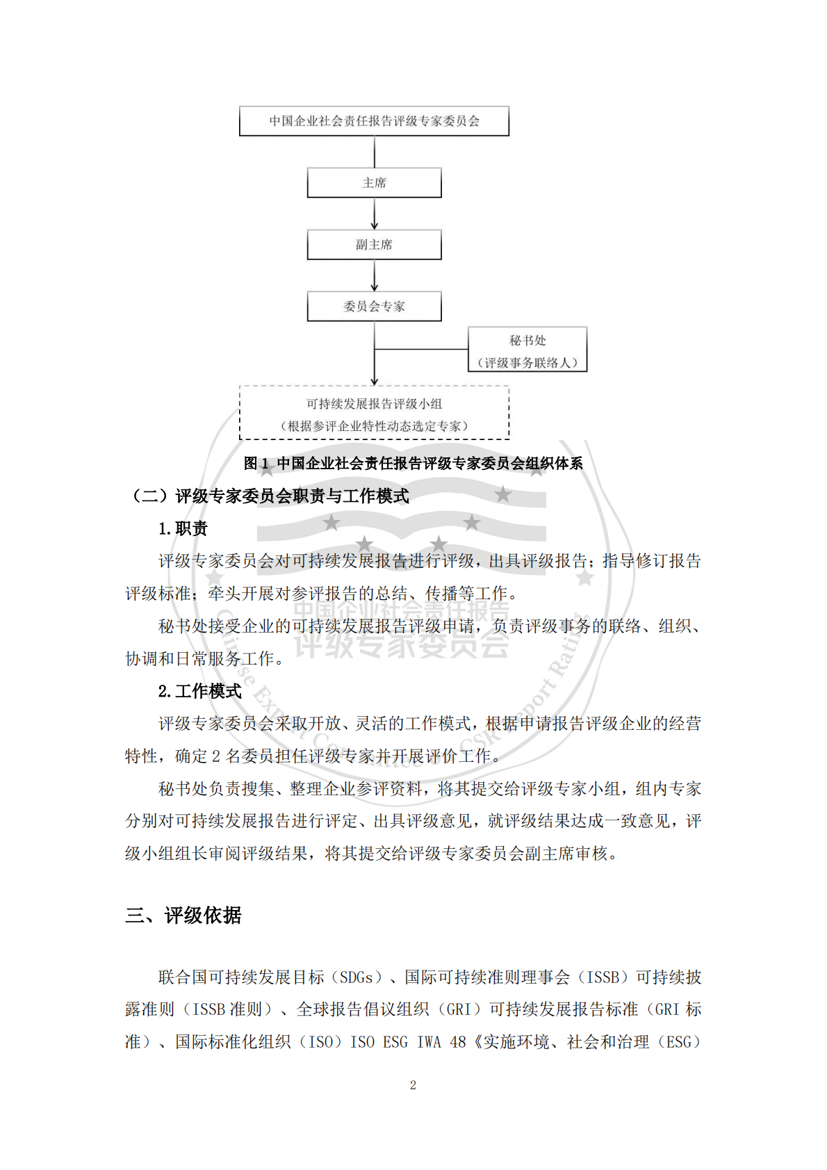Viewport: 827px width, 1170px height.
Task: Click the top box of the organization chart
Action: [x=374, y=121]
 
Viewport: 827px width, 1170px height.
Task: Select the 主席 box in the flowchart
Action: [x=374, y=183]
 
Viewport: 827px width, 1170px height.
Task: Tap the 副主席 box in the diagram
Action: [x=374, y=245]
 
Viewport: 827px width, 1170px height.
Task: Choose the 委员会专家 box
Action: [x=374, y=307]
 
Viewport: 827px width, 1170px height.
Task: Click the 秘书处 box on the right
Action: [x=527, y=349]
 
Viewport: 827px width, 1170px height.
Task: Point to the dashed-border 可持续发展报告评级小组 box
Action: [x=374, y=414]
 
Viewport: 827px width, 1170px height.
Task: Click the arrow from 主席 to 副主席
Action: [x=375, y=213]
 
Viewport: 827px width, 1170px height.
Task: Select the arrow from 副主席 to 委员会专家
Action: [x=375, y=275]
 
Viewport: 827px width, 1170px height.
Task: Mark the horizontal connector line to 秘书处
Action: [x=421, y=349]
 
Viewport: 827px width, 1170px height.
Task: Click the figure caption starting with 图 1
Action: [x=413, y=463]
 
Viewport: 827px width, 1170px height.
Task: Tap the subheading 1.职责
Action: [x=183, y=528]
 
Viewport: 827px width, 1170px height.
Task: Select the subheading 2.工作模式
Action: [x=199, y=691]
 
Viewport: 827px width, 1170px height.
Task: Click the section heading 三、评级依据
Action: [x=183, y=916]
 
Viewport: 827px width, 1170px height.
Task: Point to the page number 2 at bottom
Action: [x=413, y=1085]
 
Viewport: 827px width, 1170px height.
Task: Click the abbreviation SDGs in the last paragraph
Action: [x=357, y=977]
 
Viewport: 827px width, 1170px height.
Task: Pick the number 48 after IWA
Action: [x=458, y=1042]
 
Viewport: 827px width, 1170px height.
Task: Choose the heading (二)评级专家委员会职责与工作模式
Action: [x=269, y=496]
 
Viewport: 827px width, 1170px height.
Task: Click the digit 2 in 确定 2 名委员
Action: [x=216, y=756]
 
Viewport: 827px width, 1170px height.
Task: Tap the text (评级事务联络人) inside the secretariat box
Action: [x=527, y=362]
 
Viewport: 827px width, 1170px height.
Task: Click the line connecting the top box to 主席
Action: [x=375, y=152]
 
